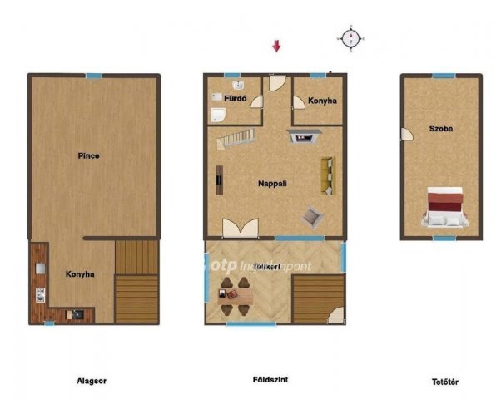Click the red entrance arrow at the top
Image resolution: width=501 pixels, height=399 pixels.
click(x=277, y=46)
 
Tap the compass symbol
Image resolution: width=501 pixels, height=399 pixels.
click(x=351, y=37)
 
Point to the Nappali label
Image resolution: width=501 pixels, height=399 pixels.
click(x=272, y=183)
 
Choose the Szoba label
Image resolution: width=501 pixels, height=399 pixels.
click(x=440, y=129)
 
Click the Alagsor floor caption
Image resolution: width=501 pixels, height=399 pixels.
click(x=92, y=381)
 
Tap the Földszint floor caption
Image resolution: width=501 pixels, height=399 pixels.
click(x=270, y=379)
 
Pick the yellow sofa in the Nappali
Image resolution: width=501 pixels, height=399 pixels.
click(x=326, y=175)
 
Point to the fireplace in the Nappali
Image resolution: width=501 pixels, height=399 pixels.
click(x=302, y=136)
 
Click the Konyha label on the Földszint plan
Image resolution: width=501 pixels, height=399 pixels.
click(x=322, y=101)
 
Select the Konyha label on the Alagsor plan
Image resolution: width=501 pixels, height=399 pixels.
click(x=80, y=273)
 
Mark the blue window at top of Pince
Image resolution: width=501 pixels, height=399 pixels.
click(x=93, y=76)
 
